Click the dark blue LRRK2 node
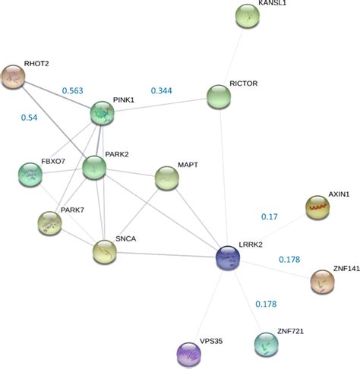228,258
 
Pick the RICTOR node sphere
219,97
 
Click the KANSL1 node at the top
248,15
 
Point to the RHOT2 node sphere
14,76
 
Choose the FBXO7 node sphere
30,174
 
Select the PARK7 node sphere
49,223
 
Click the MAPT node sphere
167,178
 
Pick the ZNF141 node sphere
323,282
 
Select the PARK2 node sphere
95,166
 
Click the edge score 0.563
72,90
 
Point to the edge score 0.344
161,91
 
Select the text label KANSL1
273,4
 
